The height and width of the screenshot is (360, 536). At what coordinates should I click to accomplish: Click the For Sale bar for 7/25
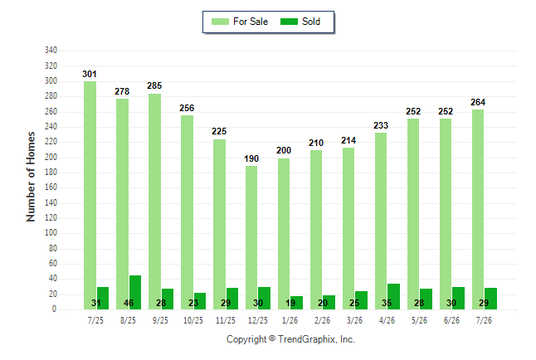click(90, 195)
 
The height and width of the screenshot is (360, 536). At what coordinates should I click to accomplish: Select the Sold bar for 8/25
click(135, 292)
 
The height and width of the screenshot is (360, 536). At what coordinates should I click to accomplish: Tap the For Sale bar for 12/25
click(251, 237)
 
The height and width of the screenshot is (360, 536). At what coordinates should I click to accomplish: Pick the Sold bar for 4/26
click(393, 296)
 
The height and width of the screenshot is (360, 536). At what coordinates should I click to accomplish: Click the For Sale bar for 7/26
click(478, 210)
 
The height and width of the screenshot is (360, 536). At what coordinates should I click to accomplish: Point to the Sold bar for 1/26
click(297, 303)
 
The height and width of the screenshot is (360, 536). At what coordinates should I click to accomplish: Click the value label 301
click(90, 74)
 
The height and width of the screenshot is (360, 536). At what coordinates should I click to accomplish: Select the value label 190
click(251, 158)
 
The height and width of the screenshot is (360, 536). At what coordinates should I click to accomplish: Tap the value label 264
click(478, 102)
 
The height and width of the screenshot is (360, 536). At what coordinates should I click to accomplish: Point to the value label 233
click(381, 125)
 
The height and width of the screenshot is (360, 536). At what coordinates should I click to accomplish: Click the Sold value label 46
click(129, 303)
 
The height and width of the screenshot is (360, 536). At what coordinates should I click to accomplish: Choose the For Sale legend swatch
click(220, 22)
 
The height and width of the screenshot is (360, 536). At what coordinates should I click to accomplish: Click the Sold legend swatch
click(290, 22)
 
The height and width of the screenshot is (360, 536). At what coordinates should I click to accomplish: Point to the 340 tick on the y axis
click(51, 51)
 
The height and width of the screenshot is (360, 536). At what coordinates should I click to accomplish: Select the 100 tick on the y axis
click(51, 233)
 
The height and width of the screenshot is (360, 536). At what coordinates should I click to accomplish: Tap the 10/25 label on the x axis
click(193, 320)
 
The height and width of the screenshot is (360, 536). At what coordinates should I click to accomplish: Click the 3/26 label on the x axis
click(355, 320)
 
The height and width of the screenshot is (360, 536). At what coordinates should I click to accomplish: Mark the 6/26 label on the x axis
click(451, 320)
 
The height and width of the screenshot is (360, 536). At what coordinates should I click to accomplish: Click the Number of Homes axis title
click(31, 177)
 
